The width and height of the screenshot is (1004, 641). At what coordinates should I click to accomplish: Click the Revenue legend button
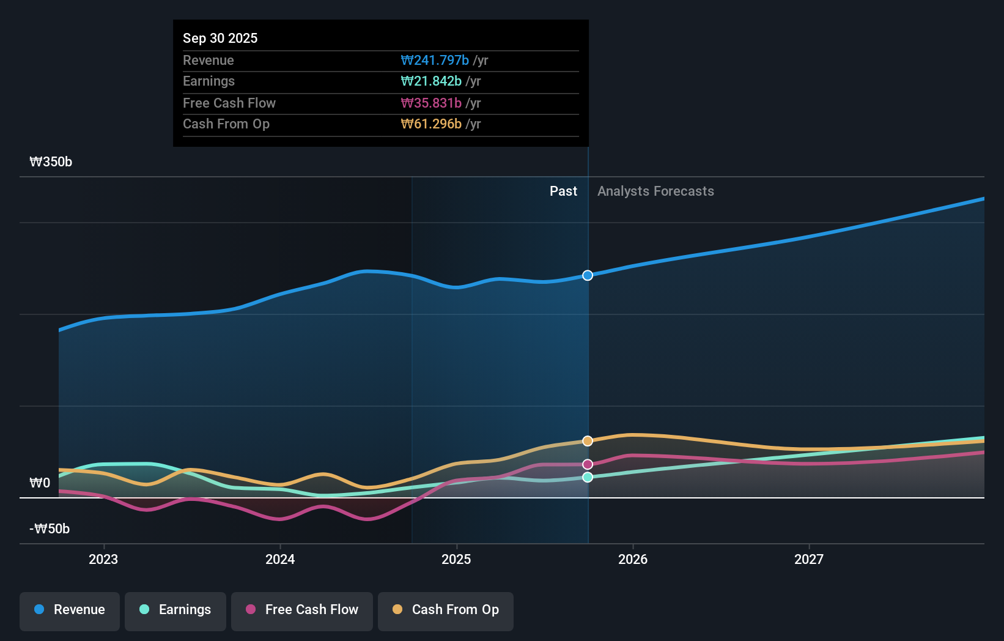click(70, 610)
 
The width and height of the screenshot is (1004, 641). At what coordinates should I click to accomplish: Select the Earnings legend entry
click(175, 610)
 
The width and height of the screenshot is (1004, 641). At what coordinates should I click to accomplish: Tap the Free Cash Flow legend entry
click(302, 610)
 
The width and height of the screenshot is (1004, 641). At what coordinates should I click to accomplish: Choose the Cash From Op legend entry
click(446, 610)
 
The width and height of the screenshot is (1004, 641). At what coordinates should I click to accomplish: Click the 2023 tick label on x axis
click(103, 559)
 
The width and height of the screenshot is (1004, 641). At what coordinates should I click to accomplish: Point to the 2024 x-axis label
click(280, 559)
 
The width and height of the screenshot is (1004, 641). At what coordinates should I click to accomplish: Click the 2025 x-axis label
click(456, 559)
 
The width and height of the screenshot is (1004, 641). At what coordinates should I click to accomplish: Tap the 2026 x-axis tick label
click(633, 559)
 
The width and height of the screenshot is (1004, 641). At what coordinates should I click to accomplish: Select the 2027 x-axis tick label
click(809, 559)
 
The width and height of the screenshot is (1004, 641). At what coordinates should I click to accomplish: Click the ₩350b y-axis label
click(51, 162)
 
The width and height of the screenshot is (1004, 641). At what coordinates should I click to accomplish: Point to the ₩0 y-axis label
click(40, 483)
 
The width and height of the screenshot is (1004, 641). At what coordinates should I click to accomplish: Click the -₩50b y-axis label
click(50, 529)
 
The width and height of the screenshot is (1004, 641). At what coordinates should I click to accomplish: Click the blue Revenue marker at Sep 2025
click(588, 275)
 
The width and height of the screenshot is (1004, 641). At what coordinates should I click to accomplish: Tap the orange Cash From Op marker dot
click(588, 441)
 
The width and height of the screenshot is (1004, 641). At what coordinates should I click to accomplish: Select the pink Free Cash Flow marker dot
click(588, 464)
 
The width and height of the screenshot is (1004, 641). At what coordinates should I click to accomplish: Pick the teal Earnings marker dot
click(588, 477)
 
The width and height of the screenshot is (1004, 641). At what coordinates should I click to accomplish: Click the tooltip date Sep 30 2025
click(220, 38)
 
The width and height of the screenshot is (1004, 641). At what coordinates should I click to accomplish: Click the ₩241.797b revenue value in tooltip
click(435, 60)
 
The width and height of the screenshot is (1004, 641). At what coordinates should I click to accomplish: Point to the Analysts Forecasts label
click(655, 191)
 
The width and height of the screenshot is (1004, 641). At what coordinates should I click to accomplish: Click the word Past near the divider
click(563, 191)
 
